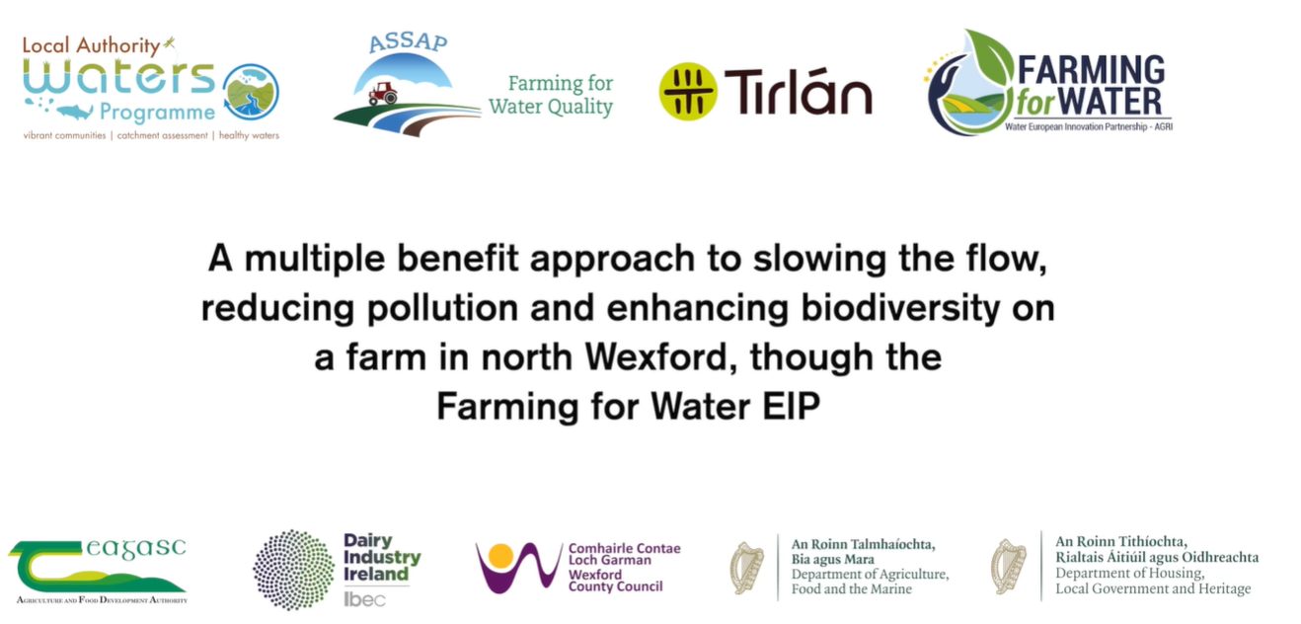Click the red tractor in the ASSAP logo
tap(383, 93)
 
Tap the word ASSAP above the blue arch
tap(408, 42)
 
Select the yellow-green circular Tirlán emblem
tap(688, 91)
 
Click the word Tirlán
tap(798, 91)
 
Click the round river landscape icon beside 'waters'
tap(251, 92)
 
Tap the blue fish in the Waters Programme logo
tap(74, 111)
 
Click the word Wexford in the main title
tap(655, 356)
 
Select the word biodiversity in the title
tap(900, 308)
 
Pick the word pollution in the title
tap(442, 308)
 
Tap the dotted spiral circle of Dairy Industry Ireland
tap(293, 570)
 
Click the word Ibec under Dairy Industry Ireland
tap(364, 599)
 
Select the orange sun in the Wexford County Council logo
tap(500, 556)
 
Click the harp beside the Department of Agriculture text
tap(746, 568)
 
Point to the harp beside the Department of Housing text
tap(1008, 566)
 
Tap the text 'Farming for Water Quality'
tap(551, 95)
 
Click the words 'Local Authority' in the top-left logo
tap(91, 45)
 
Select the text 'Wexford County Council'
tap(615, 581)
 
